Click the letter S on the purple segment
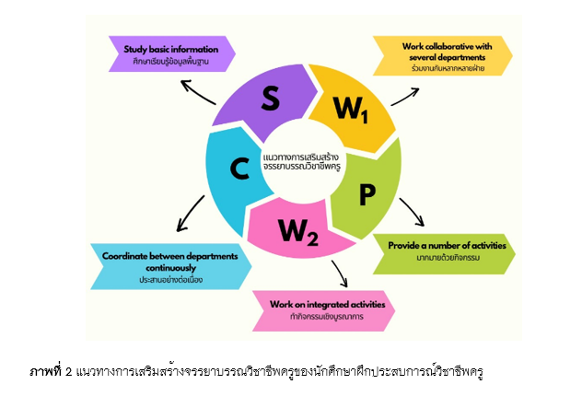click(x=270, y=99)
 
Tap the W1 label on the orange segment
click(x=350, y=111)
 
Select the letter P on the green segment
click(x=367, y=194)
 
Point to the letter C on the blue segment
click(x=239, y=169)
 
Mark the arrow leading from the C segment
click(x=188, y=215)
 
